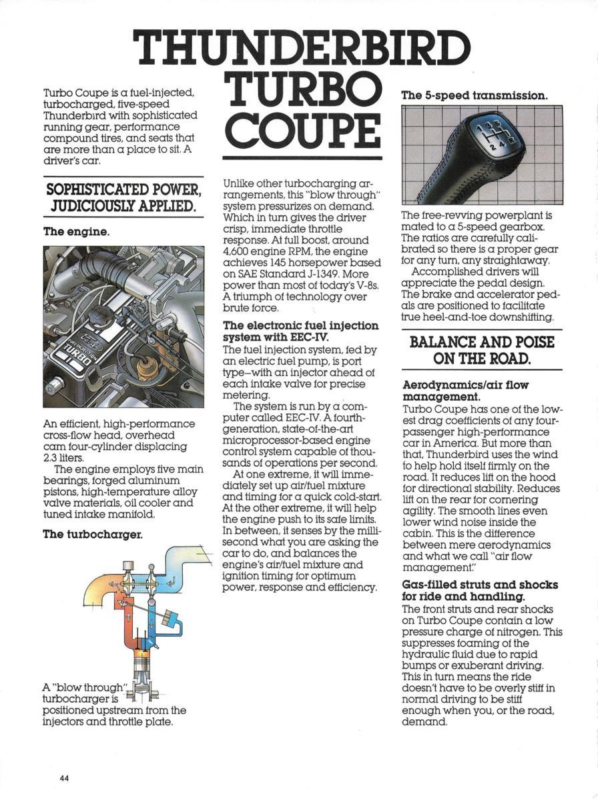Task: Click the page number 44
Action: point(64,777)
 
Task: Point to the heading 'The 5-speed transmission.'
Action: point(474,95)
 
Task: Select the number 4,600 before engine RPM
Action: point(237,251)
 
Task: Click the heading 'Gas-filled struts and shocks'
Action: point(480,585)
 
